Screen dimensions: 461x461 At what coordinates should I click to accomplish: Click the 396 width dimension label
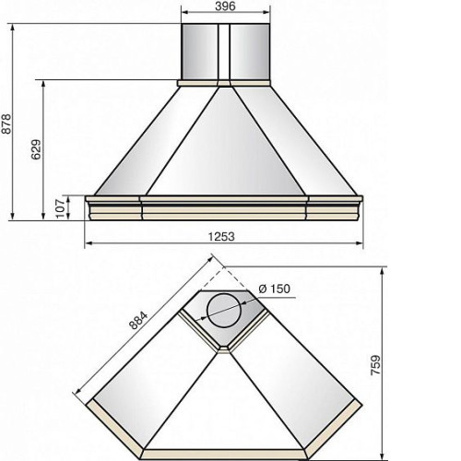point(225,6)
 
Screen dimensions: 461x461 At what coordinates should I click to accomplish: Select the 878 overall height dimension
point(6,124)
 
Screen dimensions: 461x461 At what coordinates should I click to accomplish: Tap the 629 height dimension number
point(36,149)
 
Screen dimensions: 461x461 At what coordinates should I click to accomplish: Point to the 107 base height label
point(61,208)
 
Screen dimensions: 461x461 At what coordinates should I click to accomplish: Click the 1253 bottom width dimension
point(221,237)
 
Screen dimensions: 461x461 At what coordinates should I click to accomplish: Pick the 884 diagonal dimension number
point(138,320)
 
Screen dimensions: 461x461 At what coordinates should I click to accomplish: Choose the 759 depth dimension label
point(375,365)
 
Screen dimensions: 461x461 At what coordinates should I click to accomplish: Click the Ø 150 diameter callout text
point(275,289)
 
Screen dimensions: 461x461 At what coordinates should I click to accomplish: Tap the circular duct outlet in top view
point(224,311)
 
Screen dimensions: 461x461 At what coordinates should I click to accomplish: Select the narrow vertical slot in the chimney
point(224,52)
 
